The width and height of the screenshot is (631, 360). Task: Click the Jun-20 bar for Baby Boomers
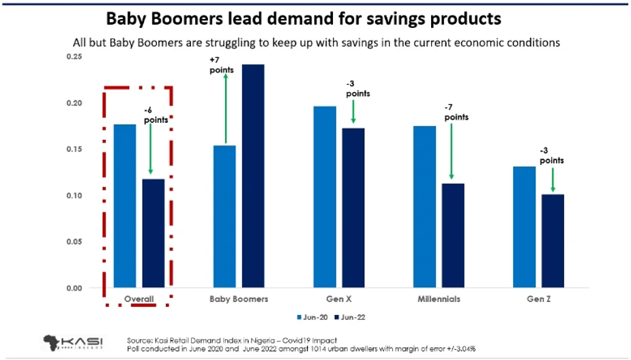tap(225, 216)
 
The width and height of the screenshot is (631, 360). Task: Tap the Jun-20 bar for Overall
tap(125, 206)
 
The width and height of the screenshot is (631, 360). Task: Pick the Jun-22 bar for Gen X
tap(353, 207)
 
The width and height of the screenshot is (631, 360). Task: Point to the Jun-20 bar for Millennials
tap(424, 207)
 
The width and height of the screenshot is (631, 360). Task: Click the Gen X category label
tap(339, 299)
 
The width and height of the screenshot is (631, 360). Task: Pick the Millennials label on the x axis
tap(439, 299)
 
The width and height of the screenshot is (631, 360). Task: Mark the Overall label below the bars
tap(138, 299)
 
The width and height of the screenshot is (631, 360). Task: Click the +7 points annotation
tap(222, 65)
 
